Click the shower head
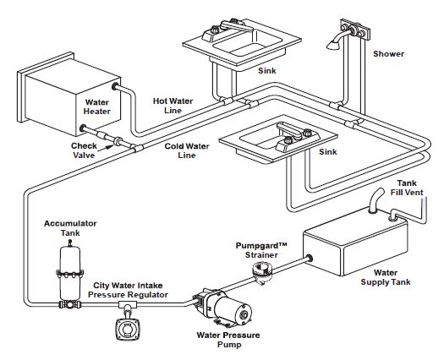click(334, 45)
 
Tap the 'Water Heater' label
click(97, 106)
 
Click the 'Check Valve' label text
click(84, 150)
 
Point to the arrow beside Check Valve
click(107, 147)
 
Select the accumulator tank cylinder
click(70, 272)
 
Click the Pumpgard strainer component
click(261, 272)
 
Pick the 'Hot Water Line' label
click(173, 106)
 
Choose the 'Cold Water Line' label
click(187, 150)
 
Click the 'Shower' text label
click(388, 54)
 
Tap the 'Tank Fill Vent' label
click(407, 188)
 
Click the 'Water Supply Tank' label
click(386, 277)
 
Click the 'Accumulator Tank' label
click(70, 228)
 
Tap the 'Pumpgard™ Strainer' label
click(261, 250)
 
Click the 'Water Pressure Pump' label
click(228, 340)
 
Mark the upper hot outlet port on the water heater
click(115, 85)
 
